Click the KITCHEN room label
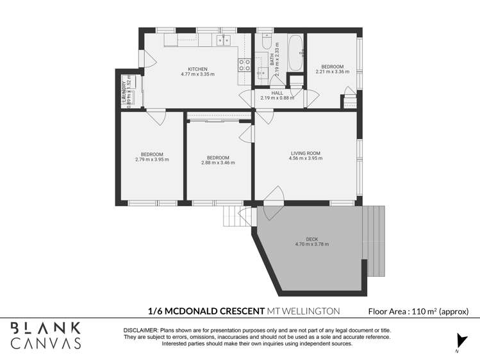197,69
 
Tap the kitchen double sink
224,40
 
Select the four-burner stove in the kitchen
244,65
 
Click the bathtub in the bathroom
295,53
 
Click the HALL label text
277,93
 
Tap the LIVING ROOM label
305,153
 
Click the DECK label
311,239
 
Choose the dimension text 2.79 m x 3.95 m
152,160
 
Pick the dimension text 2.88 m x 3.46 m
218,163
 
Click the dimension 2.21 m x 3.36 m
332,72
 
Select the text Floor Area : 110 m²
418,311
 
